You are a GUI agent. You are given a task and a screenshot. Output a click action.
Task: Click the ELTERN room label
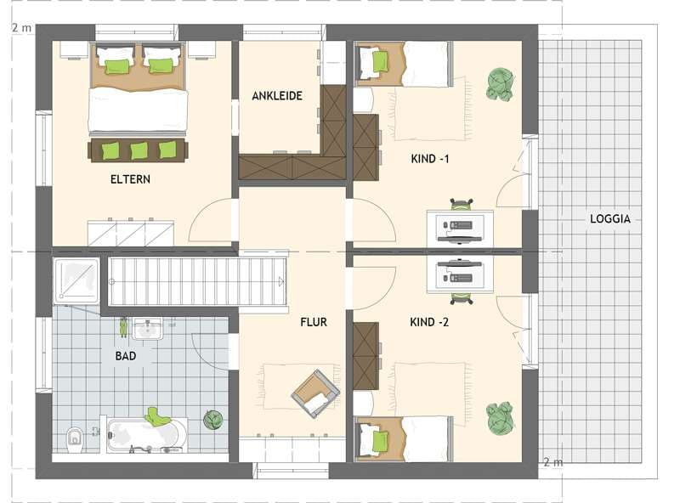(x=130, y=179)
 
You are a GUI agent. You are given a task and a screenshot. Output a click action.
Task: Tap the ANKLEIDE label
(x=277, y=96)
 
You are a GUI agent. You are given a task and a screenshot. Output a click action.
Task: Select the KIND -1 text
(x=430, y=159)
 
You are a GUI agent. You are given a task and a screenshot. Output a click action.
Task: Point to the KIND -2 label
(x=429, y=322)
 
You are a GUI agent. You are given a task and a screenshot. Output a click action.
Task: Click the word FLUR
(x=314, y=322)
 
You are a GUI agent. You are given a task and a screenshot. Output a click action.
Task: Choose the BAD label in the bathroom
(x=126, y=356)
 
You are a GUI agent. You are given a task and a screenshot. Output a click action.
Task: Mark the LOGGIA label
(x=610, y=219)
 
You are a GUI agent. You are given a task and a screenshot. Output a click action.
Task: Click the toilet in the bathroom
(x=75, y=438)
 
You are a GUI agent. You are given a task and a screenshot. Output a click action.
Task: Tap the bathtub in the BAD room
(x=147, y=435)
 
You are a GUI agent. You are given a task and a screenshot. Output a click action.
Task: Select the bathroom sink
(x=147, y=329)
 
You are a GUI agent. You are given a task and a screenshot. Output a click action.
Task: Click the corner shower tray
(x=76, y=280)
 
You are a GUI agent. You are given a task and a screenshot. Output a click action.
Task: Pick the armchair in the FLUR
(x=315, y=393)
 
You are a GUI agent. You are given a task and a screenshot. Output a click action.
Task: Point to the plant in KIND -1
(x=500, y=85)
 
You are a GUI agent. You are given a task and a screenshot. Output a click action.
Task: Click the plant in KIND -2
(x=501, y=417)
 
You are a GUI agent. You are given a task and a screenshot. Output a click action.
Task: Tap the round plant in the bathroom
(x=213, y=420)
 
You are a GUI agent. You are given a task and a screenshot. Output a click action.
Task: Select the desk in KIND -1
(x=460, y=228)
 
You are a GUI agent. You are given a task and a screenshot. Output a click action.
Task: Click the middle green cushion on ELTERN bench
(x=139, y=151)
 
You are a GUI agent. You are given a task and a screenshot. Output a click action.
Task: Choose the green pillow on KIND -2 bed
(x=380, y=442)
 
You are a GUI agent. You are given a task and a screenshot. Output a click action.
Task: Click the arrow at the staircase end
(x=281, y=282)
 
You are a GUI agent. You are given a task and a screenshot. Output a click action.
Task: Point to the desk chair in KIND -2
(x=461, y=298)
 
